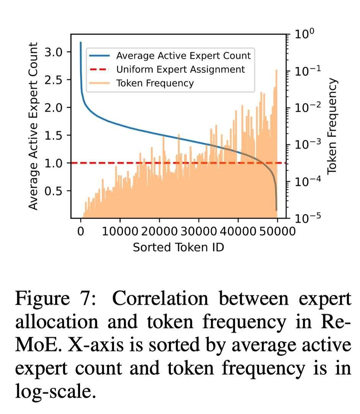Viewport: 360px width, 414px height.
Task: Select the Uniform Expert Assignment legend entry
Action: point(180,69)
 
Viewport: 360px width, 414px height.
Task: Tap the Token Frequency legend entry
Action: point(155,83)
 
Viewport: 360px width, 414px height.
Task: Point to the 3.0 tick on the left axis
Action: point(54,52)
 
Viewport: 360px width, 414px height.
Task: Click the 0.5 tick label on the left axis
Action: point(54,191)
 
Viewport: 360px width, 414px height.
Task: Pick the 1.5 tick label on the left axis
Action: point(54,135)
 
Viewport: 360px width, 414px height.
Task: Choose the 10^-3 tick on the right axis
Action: point(304,144)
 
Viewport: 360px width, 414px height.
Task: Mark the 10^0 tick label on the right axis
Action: point(304,34)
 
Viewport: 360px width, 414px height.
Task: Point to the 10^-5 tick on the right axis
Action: point(304,218)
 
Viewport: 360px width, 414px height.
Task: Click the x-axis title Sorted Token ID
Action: point(178,247)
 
